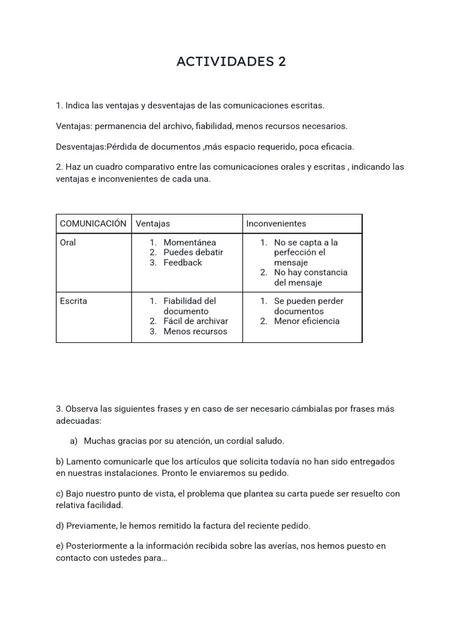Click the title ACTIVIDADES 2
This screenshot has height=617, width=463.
tap(231, 61)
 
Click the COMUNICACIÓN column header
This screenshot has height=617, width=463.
tap(93, 224)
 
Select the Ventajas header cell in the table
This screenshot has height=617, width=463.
tap(153, 224)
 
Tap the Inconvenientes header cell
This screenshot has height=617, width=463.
tap(276, 224)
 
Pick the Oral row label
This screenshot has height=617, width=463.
tap(68, 242)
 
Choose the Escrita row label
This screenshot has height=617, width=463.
tap(73, 301)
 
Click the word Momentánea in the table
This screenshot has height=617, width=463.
tap(189, 242)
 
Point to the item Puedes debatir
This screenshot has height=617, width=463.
tap(193, 252)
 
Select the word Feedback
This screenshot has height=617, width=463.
tap(183, 263)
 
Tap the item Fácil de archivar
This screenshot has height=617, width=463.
tap(195, 321)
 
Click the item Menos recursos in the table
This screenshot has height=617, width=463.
tap(195, 331)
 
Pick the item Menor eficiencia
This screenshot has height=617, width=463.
tap(306, 321)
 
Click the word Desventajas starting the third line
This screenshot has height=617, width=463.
tap(80, 146)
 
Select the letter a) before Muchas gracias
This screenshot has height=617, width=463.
tap(74, 441)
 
